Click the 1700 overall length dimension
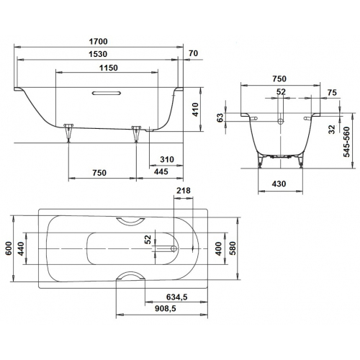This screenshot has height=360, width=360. pos(99,42)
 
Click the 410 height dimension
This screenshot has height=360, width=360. pos(195,110)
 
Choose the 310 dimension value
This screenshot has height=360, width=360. pos(167,159)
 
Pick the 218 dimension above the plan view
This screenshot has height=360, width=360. pos(183,190)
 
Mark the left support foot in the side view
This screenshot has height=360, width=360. pos(69,130)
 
